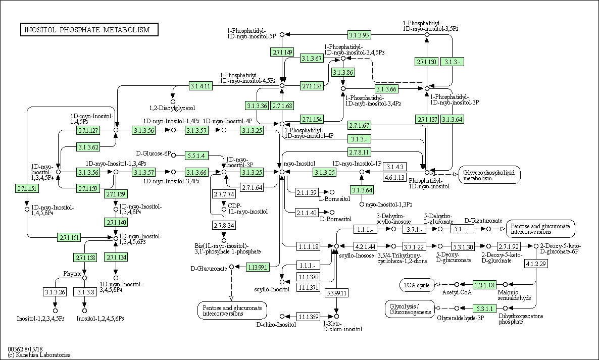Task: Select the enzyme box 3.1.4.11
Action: pos(201,86)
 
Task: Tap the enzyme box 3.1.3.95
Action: pos(360,35)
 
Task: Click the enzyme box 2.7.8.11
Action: pos(360,152)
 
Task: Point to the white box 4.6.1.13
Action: pos(395,177)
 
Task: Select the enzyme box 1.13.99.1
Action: pos(258,267)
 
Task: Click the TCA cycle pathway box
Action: pos(417,285)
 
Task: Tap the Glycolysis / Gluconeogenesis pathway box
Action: pos(410,308)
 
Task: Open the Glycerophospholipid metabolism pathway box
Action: pos(489,175)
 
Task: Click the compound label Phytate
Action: pos(72,274)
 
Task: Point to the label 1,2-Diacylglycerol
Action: pos(172,108)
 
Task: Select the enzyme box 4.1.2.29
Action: pos(536,264)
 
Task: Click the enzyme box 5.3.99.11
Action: pos(336,293)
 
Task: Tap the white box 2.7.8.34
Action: pos(224,225)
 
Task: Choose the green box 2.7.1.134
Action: pos(116,258)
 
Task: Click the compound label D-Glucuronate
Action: pos(209,268)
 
